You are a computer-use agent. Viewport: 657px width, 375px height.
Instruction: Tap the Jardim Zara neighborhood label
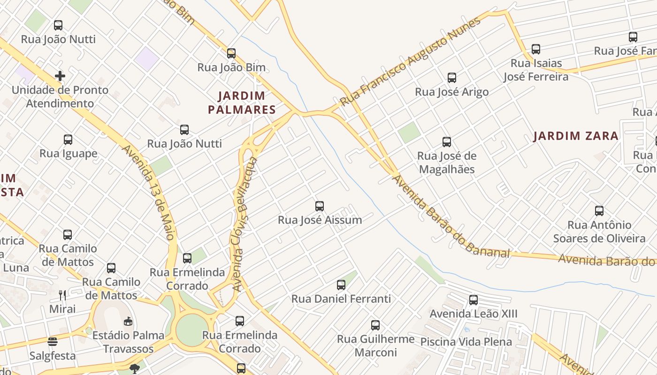pos(576,136)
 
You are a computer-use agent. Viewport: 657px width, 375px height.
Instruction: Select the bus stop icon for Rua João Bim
pos(231,53)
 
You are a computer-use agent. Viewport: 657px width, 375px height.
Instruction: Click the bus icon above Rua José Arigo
pos(451,77)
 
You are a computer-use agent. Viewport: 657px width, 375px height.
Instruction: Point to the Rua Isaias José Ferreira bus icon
pos(535,49)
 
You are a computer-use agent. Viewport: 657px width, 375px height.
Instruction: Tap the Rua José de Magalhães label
pos(446,162)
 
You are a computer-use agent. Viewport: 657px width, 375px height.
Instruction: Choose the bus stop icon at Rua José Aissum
pos(320,206)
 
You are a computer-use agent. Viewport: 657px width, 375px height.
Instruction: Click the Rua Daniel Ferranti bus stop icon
pos(341,285)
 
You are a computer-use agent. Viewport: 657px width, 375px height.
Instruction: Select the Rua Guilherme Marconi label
pos(375,345)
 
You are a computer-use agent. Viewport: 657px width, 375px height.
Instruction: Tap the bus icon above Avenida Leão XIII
pos(474,300)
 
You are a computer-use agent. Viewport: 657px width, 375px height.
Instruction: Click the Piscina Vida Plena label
pos(466,342)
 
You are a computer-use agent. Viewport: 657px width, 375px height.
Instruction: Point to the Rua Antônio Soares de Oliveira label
pos(599,232)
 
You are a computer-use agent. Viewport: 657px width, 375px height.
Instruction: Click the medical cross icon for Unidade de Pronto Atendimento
pos(60,75)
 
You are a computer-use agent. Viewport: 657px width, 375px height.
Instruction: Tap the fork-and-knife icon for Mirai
pos(62,295)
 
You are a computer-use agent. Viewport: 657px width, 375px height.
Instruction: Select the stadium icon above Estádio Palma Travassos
pos(128,321)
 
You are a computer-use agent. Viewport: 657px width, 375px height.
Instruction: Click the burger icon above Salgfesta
pos(52,341)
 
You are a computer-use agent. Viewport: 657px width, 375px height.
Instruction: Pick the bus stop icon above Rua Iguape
pos(68,139)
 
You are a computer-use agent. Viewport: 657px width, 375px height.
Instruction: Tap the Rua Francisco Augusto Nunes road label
pos(411,61)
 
